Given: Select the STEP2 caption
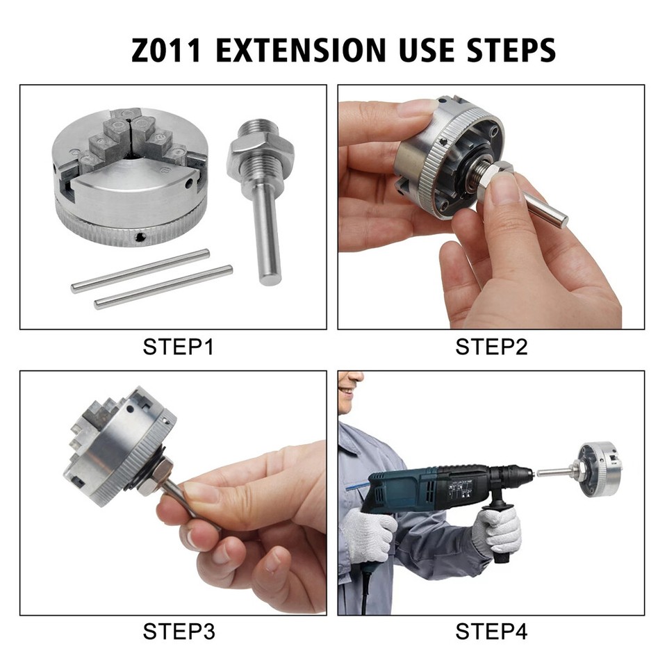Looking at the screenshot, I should [491, 346].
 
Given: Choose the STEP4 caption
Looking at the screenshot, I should [491, 632].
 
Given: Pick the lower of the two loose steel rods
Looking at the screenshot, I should [164, 287].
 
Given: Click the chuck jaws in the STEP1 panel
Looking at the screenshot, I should [129, 139].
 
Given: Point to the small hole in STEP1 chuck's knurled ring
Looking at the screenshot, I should [141, 239].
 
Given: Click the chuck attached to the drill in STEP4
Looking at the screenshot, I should [600, 470].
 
